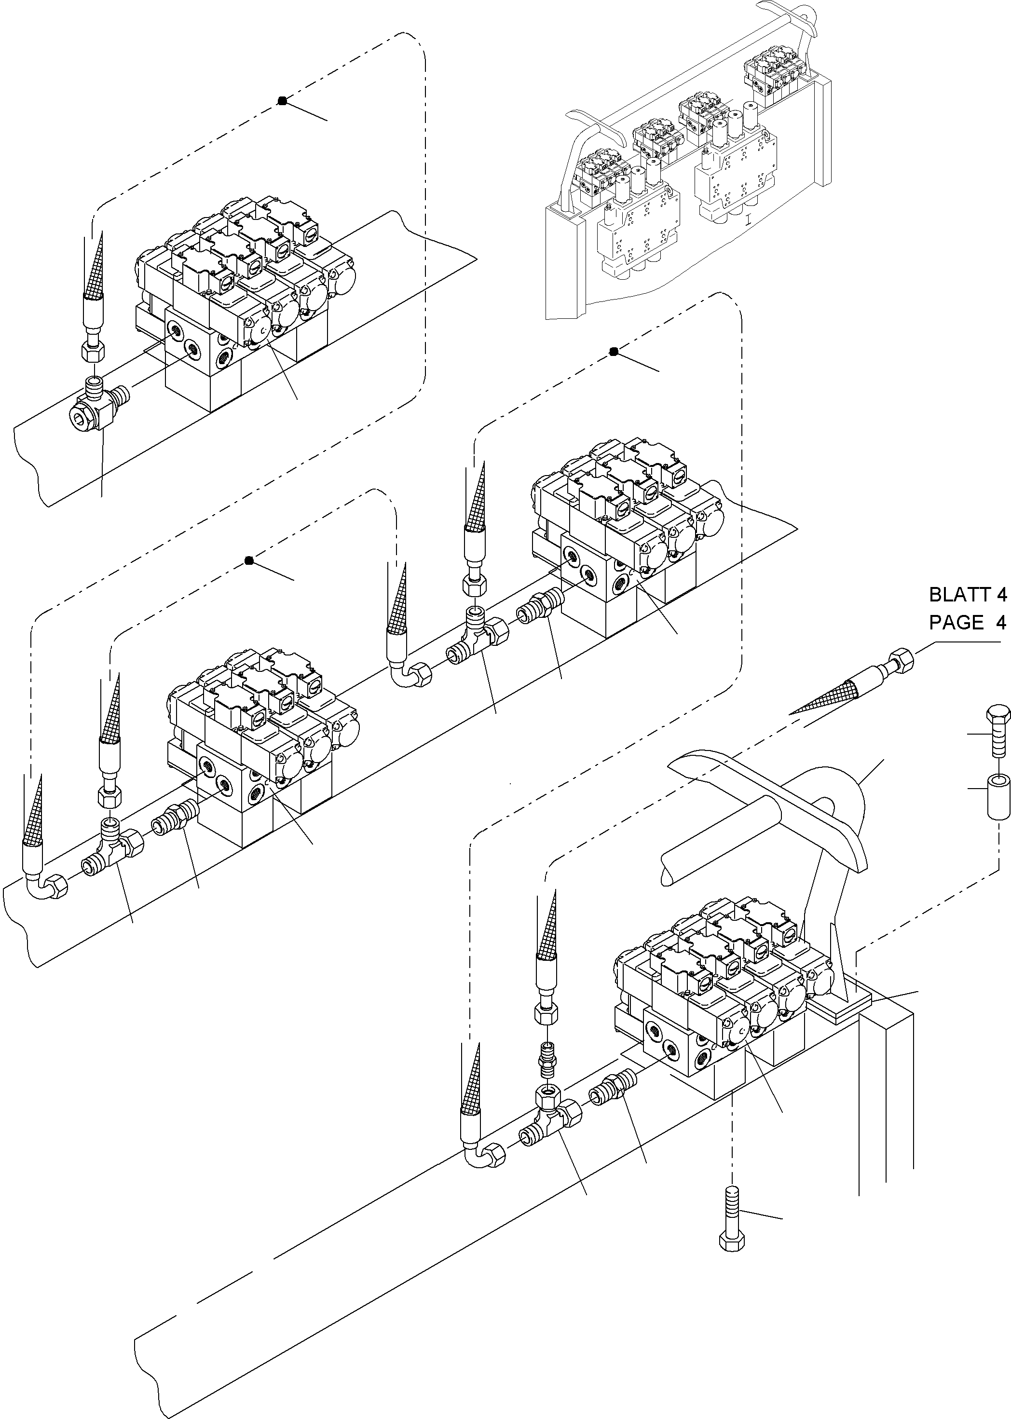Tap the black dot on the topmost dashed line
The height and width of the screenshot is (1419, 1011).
click(282, 100)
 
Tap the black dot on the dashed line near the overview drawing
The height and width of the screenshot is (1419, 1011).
click(613, 352)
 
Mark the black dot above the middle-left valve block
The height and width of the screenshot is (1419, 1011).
click(249, 561)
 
